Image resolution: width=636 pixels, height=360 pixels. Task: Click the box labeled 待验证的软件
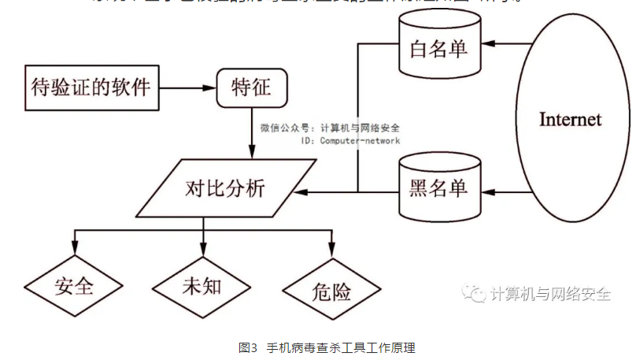click(90, 86)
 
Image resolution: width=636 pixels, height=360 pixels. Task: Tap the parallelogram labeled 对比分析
click(226, 188)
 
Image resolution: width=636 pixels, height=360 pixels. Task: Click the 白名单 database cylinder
click(439, 49)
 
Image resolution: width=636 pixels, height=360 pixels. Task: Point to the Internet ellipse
click(570, 119)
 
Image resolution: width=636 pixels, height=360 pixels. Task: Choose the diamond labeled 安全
click(74, 286)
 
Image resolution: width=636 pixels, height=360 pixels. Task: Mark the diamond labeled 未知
click(202, 286)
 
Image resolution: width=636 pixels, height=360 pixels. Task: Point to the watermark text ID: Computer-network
click(350, 140)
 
